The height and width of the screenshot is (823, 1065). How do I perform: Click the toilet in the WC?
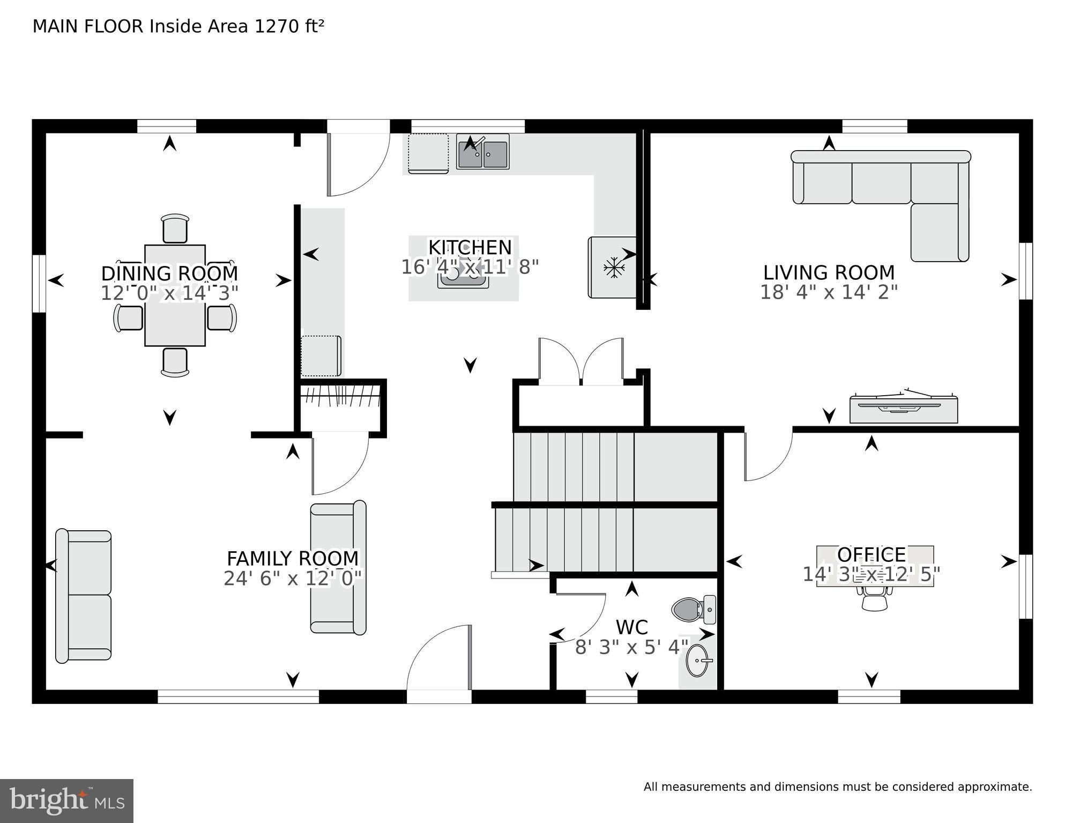(x=694, y=610)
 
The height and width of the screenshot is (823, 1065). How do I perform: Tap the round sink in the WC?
(x=699, y=661)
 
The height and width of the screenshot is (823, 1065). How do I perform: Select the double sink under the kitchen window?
(x=483, y=152)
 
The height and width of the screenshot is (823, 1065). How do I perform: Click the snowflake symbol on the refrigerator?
(x=612, y=268)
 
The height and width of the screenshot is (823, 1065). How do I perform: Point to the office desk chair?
(x=874, y=596)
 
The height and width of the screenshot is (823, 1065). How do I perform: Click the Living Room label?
(x=829, y=272)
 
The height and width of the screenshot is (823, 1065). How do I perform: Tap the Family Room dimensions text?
(x=293, y=579)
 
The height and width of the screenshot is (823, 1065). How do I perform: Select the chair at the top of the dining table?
(x=175, y=228)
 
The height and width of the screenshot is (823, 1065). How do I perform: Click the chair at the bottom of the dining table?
(x=175, y=362)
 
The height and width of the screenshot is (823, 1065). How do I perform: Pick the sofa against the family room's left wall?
(x=84, y=595)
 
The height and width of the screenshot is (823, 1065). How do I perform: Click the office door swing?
(x=768, y=456)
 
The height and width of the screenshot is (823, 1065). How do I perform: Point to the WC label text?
(x=631, y=627)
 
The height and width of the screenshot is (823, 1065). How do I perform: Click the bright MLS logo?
(x=66, y=801)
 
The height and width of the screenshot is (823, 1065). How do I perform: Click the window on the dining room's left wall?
(x=39, y=283)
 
